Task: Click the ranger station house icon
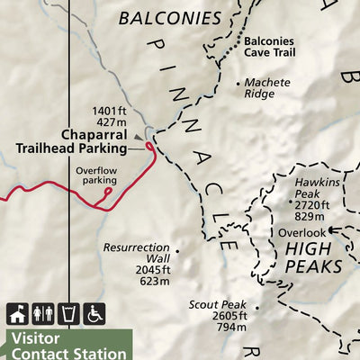point(16,314)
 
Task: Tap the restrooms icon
point(42,314)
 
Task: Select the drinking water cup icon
point(68,314)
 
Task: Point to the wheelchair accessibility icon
point(94,314)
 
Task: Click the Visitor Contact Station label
point(67,346)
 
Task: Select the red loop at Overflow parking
point(107,190)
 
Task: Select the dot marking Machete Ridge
point(239,83)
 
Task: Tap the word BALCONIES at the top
point(170,18)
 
